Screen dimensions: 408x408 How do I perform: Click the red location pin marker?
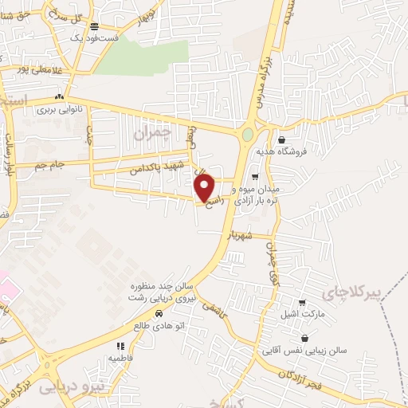tap(206, 188)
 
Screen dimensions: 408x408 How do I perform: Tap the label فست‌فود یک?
tap(93, 37)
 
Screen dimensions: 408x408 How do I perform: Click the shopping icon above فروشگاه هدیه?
tap(282, 139)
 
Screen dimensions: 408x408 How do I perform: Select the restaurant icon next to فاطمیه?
tap(121, 347)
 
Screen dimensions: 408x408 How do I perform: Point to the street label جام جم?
tap(49, 164)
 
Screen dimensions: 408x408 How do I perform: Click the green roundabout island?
tap(248, 136)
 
